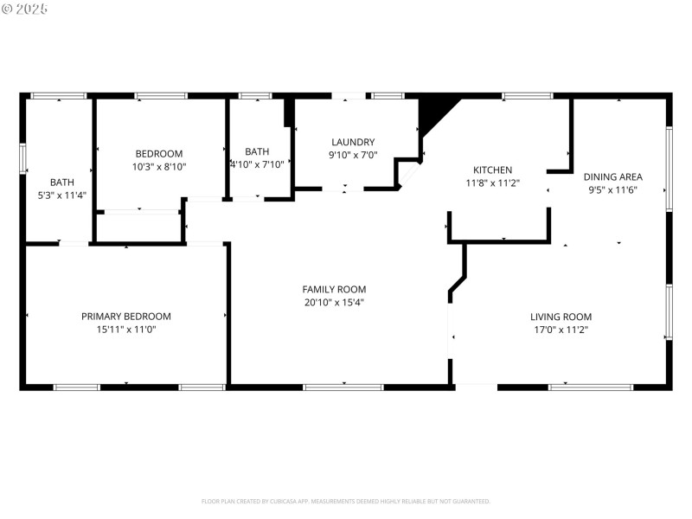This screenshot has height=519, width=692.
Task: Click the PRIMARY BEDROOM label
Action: tap(126, 317)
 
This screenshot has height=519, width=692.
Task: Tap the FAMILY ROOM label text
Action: tap(334, 290)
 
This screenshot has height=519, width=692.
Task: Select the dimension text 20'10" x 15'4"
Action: tap(334, 303)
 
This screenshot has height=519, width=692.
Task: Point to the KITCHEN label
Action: tap(492, 170)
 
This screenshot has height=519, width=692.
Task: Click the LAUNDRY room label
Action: tap(353, 143)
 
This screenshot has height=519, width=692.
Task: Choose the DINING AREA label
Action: tap(612, 177)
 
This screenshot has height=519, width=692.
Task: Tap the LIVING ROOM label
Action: tap(561, 317)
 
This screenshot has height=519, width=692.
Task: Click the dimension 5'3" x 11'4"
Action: tap(61, 195)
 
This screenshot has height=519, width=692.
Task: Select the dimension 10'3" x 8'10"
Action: tap(159, 166)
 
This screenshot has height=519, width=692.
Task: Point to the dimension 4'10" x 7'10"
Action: tap(257, 164)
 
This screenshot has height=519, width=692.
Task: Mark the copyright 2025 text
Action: tap(25, 9)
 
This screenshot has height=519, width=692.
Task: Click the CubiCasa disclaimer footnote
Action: tap(346, 501)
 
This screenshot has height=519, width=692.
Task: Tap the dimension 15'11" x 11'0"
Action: tap(126, 330)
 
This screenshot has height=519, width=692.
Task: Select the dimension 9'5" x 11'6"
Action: tap(612, 190)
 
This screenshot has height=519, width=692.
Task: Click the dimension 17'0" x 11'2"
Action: tap(561, 330)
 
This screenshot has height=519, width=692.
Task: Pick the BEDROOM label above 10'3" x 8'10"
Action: tap(159, 153)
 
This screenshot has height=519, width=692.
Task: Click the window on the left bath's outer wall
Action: tap(23, 158)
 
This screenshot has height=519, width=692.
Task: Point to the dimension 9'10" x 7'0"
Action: tap(353, 156)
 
